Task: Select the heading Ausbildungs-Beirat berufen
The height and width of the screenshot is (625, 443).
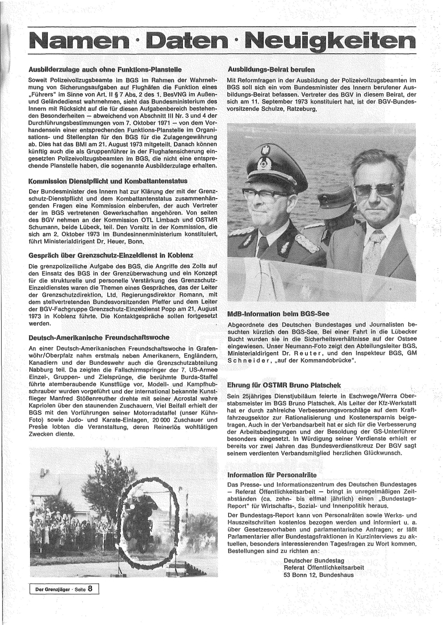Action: (271, 69)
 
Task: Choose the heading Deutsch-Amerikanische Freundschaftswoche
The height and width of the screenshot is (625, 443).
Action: (94, 337)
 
